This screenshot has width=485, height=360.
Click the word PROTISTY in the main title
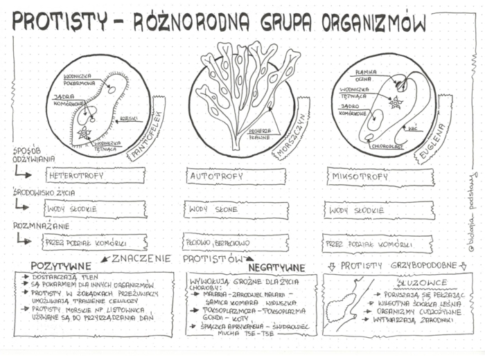click(60, 21)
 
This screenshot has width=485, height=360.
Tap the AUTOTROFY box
click(236, 177)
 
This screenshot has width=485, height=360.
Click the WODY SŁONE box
click(236, 208)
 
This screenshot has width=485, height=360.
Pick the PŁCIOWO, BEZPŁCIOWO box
click(236, 242)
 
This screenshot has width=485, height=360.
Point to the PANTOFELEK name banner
click(148, 131)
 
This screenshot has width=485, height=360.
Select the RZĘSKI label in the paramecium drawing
click(127, 118)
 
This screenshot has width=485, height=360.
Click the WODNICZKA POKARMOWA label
click(78, 80)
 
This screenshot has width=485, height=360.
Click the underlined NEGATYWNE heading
click(276, 267)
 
